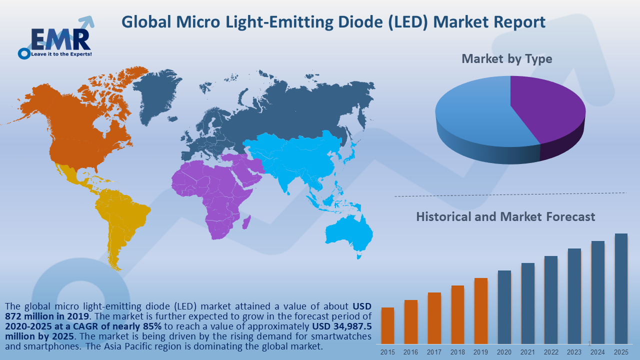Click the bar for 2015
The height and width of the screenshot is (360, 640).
coord(387,325)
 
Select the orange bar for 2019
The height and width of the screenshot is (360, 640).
coord(480,310)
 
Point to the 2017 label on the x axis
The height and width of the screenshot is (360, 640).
coord(434,352)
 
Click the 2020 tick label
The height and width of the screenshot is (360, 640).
coord(504,352)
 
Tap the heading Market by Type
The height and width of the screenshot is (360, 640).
coord(506,58)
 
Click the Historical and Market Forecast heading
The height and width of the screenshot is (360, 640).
coord(505,216)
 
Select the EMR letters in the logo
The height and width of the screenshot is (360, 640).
coord(60,38)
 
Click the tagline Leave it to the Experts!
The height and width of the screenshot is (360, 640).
coord(61,53)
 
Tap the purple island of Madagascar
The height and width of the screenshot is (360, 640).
coord(246,222)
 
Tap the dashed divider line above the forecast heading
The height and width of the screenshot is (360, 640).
coord(510,194)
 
